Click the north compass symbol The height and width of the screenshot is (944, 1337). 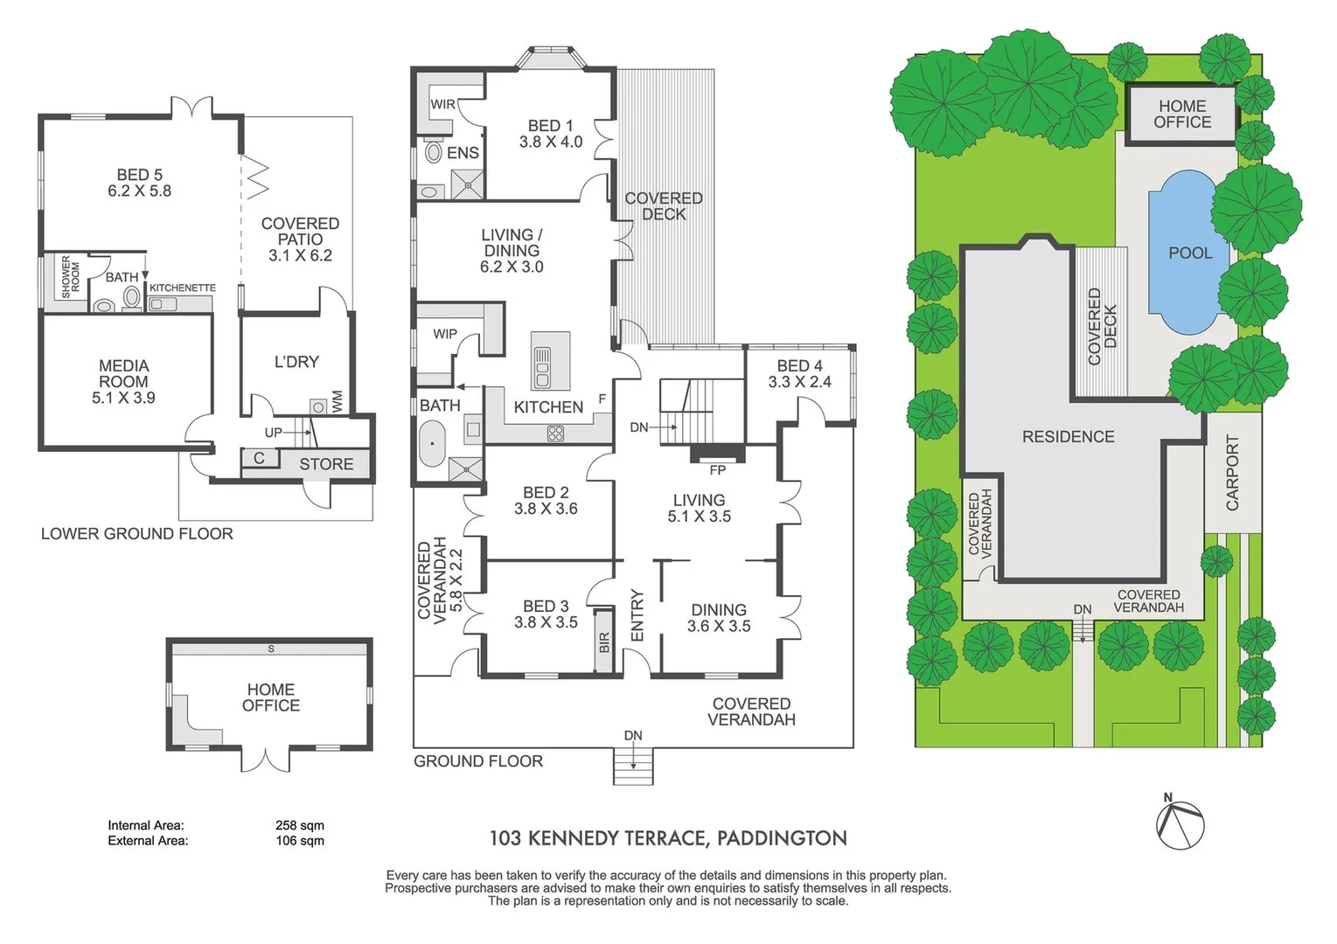[x=1180, y=823]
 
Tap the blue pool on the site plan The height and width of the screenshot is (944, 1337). [x=1181, y=252]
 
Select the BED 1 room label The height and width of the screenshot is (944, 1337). [x=550, y=126]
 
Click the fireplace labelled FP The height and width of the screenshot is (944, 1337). [x=717, y=455]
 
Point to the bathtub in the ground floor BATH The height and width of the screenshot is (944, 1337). [x=432, y=444]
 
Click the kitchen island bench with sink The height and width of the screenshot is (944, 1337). [x=550, y=360]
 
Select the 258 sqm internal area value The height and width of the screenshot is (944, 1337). [x=299, y=825]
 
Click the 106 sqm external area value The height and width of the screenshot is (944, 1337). [x=299, y=841]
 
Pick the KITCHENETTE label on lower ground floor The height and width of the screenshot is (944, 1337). [x=182, y=288]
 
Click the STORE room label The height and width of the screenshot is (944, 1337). [x=326, y=464]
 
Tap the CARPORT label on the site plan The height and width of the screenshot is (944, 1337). [x=1232, y=473]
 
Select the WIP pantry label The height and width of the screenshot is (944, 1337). [x=444, y=334]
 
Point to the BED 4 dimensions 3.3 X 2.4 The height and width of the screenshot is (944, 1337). [x=799, y=382]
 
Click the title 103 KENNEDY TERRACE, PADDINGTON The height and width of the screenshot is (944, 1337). [x=668, y=838]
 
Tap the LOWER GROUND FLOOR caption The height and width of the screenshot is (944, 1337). [x=137, y=534]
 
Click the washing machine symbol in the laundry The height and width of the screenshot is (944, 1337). [x=318, y=406]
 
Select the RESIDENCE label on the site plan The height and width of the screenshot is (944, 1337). [x=1068, y=436]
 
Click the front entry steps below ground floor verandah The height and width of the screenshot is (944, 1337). [x=633, y=769]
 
